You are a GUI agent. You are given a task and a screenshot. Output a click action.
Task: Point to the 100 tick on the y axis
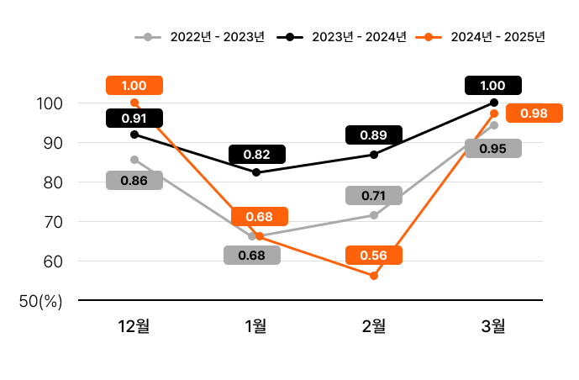(51, 103)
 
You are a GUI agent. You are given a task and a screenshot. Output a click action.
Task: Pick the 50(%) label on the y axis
(41, 301)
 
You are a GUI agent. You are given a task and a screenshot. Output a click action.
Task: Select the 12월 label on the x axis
(134, 326)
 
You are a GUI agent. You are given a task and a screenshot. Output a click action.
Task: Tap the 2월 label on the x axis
(374, 326)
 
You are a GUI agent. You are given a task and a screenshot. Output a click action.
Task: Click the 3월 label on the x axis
(494, 326)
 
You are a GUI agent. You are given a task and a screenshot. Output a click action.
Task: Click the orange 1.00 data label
(134, 85)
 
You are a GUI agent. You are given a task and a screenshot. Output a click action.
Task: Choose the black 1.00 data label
(492, 85)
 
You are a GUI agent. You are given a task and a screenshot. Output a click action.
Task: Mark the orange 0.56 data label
(373, 256)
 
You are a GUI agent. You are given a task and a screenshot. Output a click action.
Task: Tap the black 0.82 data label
(256, 154)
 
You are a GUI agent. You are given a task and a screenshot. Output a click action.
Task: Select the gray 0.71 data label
(373, 196)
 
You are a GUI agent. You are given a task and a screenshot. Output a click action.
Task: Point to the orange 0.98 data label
(534, 113)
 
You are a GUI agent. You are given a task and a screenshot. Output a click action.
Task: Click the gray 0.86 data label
(134, 180)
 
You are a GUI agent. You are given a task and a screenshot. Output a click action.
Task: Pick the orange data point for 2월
(374, 276)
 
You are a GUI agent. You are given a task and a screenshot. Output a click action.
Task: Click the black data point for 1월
(256, 172)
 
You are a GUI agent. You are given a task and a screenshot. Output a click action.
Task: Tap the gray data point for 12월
(134, 159)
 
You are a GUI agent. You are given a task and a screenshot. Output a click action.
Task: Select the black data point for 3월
(494, 103)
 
